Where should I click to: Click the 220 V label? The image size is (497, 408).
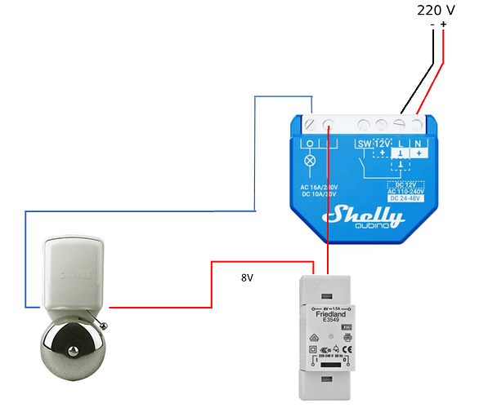pyautogui.click(x=436, y=10)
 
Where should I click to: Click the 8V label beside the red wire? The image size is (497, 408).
pyautogui.click(x=248, y=278)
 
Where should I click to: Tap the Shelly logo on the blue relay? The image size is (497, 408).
pyautogui.click(x=364, y=215)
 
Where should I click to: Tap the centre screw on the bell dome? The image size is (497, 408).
pyautogui.click(x=74, y=353)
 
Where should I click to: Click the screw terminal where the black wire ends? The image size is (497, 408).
pyautogui.click(x=401, y=124)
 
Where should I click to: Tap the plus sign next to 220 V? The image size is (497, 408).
pyautogui.click(x=444, y=24)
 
